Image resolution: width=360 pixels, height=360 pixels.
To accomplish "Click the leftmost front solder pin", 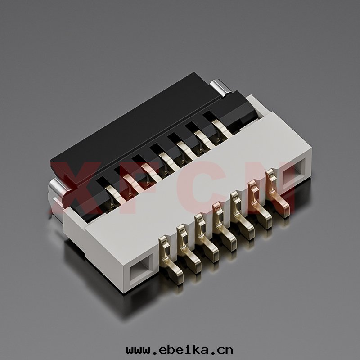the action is click(171, 262).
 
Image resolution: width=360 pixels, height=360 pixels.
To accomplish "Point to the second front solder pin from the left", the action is click(189, 250).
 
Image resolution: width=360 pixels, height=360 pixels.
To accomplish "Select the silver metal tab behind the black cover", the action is click(221, 85).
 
